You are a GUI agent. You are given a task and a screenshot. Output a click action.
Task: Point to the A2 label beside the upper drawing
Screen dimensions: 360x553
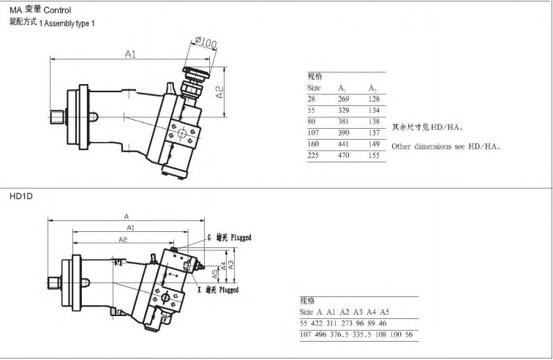pyautogui.click(x=220, y=92)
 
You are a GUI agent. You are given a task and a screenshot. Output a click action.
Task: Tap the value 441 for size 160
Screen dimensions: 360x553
pyautogui.click(x=344, y=144)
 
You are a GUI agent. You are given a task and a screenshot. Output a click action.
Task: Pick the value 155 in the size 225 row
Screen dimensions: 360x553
pyautogui.click(x=375, y=156)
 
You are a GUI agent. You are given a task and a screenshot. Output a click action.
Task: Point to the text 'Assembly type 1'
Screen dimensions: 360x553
pyautogui.click(x=69, y=23)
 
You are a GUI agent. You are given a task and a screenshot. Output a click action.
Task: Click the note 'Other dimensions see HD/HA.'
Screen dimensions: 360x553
pyautogui.click(x=445, y=146)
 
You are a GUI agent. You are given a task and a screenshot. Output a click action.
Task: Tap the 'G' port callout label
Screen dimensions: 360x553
pyautogui.click(x=208, y=238)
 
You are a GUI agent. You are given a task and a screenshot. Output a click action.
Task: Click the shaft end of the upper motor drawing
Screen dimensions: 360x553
pyautogui.click(x=57, y=116)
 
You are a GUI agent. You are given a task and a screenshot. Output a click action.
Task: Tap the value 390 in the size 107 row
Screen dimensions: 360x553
pyautogui.click(x=344, y=133)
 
